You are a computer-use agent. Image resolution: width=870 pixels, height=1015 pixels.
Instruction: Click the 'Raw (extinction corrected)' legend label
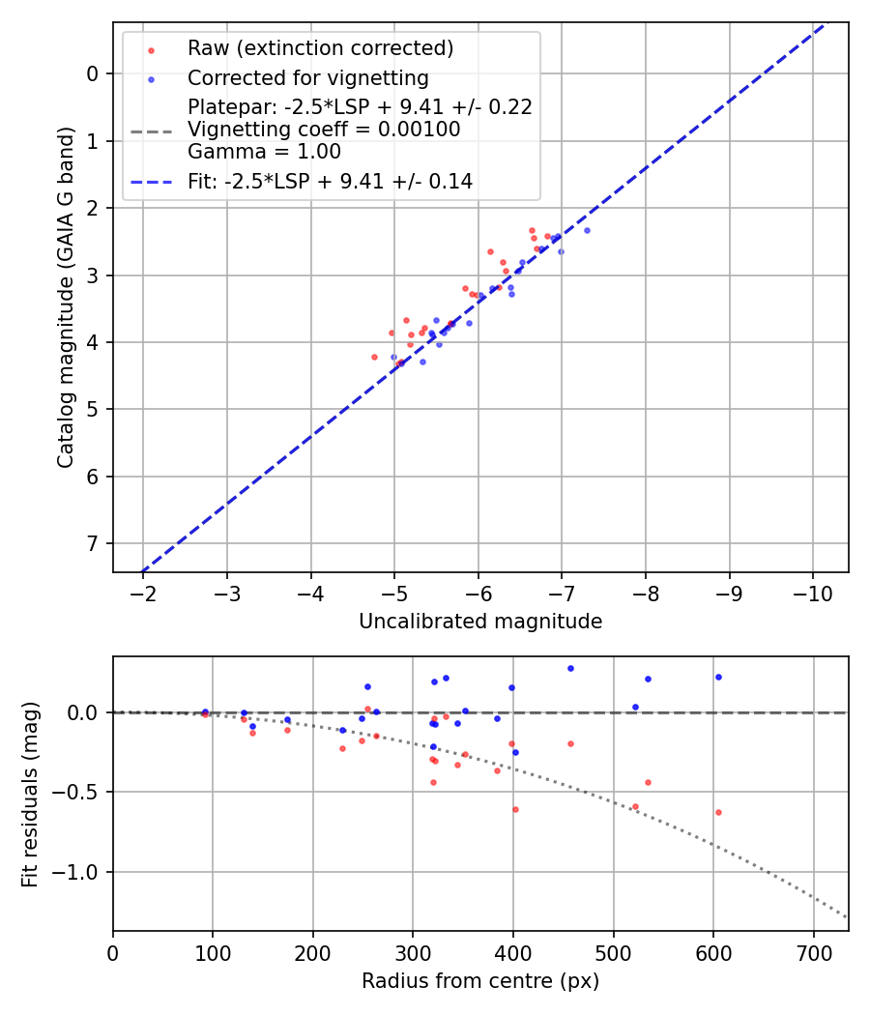pos(320,48)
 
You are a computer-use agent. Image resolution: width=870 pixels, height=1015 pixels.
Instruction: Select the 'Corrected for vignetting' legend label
pos(307,77)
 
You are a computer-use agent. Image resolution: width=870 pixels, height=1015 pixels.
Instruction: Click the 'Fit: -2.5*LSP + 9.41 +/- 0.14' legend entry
pos(330,181)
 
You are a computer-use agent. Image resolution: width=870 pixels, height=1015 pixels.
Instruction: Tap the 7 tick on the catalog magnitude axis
pos(93,543)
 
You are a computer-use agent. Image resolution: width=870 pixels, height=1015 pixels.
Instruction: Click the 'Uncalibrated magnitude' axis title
pos(480,622)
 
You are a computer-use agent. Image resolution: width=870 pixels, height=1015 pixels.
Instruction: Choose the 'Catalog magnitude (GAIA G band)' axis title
pos(65,297)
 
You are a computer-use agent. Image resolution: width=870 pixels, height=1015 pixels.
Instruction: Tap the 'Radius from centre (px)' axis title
pos(480,981)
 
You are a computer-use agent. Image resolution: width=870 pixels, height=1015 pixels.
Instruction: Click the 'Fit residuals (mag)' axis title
pos(30,794)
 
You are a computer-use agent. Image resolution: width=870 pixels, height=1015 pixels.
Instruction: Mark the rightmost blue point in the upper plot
pos(587,230)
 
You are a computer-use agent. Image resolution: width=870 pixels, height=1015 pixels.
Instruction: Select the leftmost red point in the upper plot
pos(374,357)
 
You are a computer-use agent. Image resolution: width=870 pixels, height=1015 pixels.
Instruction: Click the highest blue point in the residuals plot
pos(570,668)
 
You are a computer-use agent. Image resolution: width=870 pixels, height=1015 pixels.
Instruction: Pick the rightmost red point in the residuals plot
pos(718,812)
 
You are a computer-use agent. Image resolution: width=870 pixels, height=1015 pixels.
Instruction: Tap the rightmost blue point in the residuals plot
pos(718,677)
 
